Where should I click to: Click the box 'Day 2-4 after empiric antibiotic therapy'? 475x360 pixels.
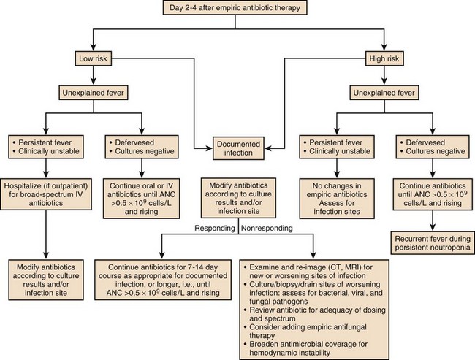click(x=239, y=9)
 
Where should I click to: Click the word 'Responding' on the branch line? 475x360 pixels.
click(x=213, y=228)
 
